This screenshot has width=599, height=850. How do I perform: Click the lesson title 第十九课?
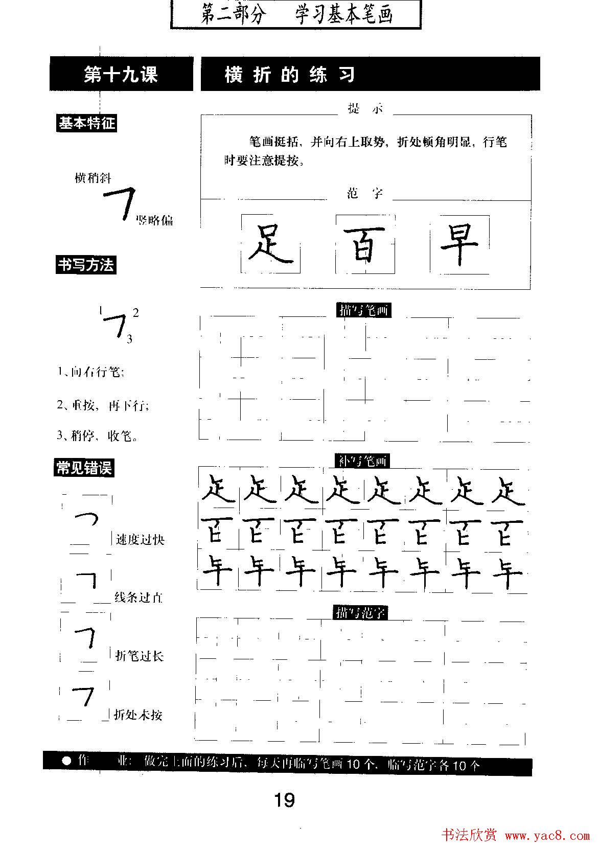click(121, 75)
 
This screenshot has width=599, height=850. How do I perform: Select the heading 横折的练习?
click(290, 75)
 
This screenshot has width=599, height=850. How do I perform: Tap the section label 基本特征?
click(86, 124)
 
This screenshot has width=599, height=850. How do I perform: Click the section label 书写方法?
click(86, 265)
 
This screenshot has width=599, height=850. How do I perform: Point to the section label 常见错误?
click(84, 468)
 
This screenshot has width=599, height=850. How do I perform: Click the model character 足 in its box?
click(270, 244)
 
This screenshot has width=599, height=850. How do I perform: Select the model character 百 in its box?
click(365, 244)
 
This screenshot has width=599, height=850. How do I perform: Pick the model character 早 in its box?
click(459, 244)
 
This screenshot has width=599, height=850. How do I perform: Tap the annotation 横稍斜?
click(93, 178)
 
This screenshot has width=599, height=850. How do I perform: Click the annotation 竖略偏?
click(154, 221)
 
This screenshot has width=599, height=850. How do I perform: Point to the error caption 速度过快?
click(140, 540)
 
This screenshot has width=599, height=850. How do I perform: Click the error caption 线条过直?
click(139, 598)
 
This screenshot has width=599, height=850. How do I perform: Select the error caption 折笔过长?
click(139, 656)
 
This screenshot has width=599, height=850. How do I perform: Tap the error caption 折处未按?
click(138, 715)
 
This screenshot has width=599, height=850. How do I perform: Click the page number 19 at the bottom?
click(284, 799)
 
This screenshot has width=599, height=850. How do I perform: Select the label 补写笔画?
click(362, 461)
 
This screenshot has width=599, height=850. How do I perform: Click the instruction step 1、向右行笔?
click(90, 372)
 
